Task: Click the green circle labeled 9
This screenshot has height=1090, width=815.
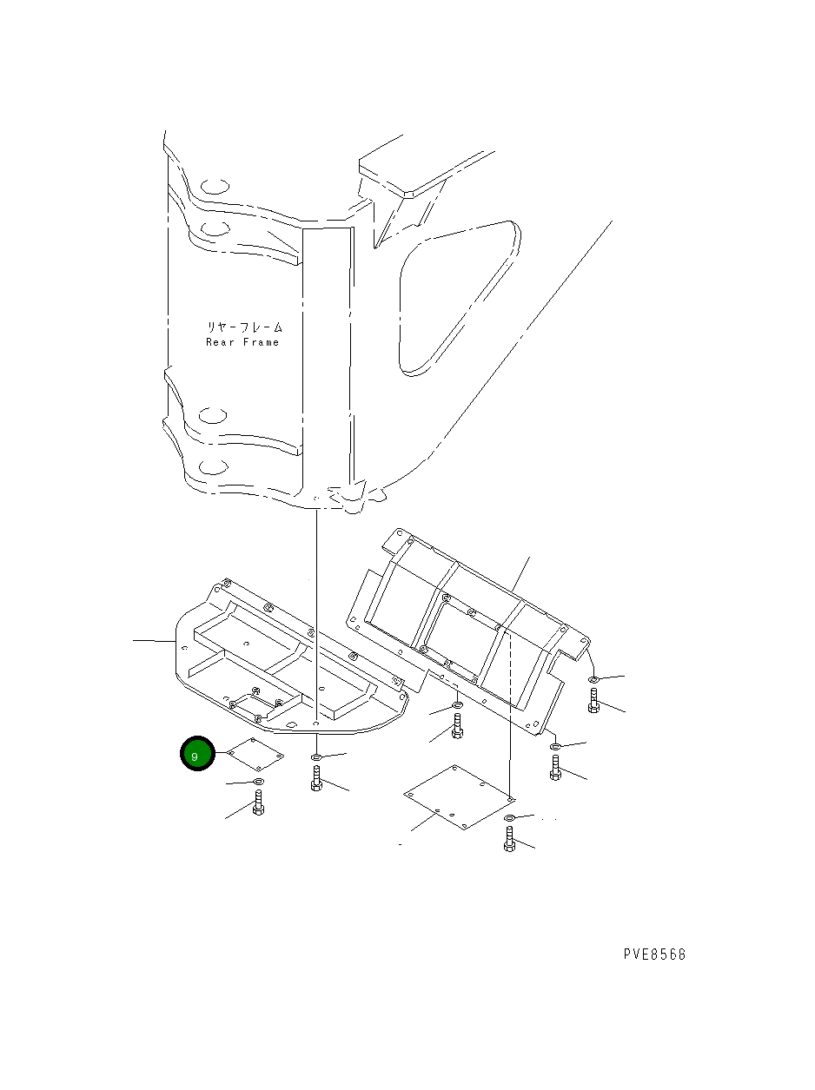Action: [196, 755]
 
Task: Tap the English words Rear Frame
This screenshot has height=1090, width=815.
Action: [242, 342]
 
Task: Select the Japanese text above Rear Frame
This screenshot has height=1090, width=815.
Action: [244, 327]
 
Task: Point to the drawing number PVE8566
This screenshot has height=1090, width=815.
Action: [654, 954]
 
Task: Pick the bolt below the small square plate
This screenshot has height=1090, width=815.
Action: [258, 803]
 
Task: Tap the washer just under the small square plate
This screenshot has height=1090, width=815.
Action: [258, 783]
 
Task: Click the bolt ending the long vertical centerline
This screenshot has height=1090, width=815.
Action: [316, 779]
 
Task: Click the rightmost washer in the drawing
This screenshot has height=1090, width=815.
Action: [593, 678]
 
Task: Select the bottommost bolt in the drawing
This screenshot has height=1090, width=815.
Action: [510, 839]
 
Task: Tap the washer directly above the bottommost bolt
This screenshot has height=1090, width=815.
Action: [510, 819]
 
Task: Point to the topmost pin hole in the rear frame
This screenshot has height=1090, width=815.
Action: [214, 186]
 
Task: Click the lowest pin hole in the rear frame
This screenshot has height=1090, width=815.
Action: [214, 466]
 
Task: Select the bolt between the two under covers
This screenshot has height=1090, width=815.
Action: [457, 726]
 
